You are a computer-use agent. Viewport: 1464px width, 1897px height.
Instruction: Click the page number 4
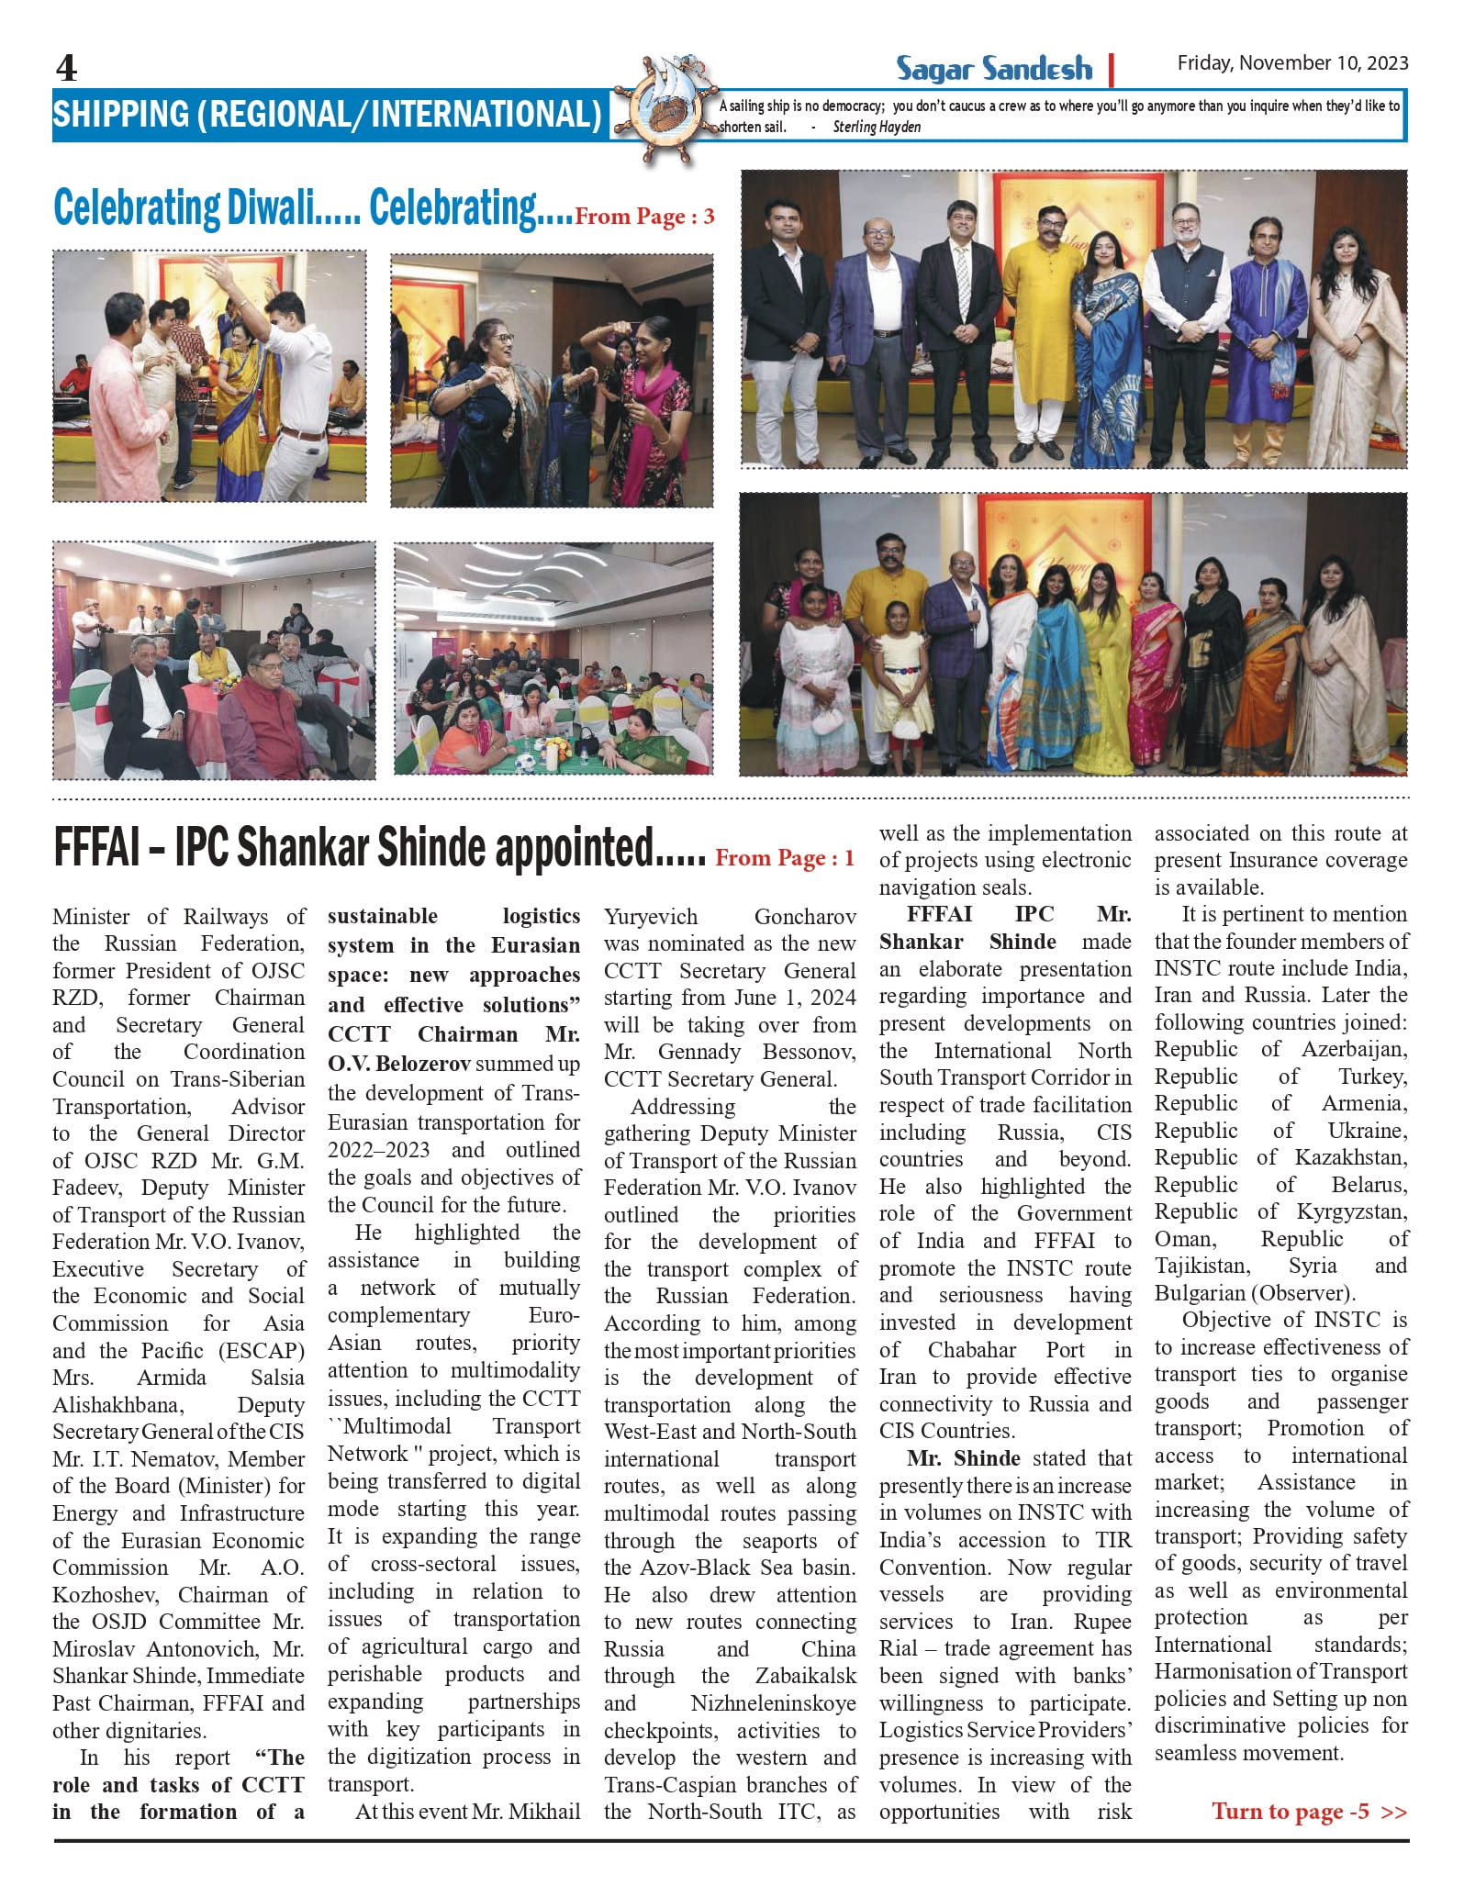[67, 68]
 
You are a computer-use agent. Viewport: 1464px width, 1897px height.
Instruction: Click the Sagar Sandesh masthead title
[994, 69]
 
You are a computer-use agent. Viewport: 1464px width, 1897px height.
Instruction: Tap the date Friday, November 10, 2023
[1292, 62]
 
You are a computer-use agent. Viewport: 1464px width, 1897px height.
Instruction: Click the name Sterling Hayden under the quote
[877, 128]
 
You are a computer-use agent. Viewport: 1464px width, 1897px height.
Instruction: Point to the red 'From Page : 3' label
[644, 217]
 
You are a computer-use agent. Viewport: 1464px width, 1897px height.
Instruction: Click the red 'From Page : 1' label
[785, 858]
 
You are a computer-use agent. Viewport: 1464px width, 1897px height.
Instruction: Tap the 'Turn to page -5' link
[1308, 1811]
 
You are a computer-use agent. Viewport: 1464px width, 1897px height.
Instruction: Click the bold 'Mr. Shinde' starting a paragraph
[963, 1458]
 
